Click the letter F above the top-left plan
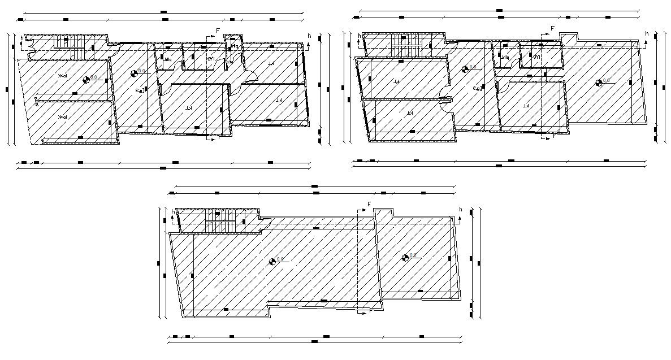coord(218,30)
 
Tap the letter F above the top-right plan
coord(552,28)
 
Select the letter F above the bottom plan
coord(369,204)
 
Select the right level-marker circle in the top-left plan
coord(134,72)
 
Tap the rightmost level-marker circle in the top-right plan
coord(599,83)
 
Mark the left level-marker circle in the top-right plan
coord(465,69)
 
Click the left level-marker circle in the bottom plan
coord(272,261)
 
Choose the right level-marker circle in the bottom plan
coord(405,258)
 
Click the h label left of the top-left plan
coord(22,39)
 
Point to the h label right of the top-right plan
coord(647,34)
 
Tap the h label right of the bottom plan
coord(460,210)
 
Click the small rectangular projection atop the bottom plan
coord(383,214)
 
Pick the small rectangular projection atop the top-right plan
coord(569,37)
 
